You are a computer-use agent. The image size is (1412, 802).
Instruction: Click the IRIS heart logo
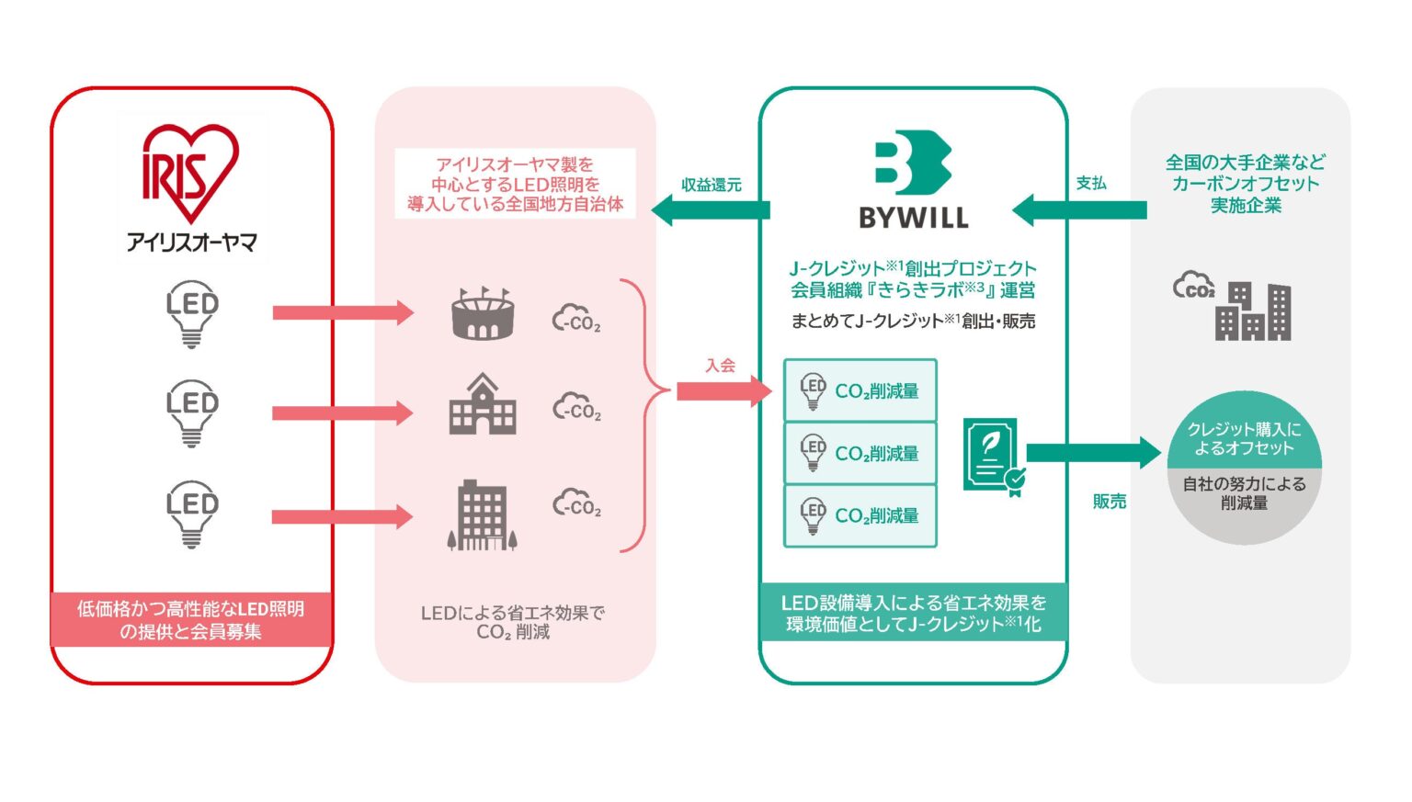[x=190, y=173]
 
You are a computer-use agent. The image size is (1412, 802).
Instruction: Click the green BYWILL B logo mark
[x=912, y=163]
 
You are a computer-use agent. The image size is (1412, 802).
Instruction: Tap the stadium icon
[x=483, y=313]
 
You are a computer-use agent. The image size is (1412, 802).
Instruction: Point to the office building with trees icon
[x=483, y=515]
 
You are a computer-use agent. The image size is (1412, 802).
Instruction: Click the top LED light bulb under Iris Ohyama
[x=191, y=312]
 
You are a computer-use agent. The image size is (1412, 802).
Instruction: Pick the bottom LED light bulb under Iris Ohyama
[x=191, y=513]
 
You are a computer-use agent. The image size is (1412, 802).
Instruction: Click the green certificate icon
[x=993, y=457]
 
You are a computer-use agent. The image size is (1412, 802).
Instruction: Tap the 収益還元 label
[x=711, y=185]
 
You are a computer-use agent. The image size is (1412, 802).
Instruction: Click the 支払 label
[x=1091, y=184]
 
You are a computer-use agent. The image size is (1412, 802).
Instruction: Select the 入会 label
[x=720, y=366]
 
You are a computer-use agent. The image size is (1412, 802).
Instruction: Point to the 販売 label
[x=1109, y=502]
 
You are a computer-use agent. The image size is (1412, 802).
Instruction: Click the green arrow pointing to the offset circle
[x=1094, y=452]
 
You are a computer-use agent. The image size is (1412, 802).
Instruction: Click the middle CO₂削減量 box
[x=860, y=453]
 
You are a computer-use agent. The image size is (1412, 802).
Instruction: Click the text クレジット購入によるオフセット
[x=1244, y=439]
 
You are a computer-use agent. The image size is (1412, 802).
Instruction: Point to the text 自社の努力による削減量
[x=1244, y=493]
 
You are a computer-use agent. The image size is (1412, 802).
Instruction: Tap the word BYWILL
[x=913, y=218]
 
